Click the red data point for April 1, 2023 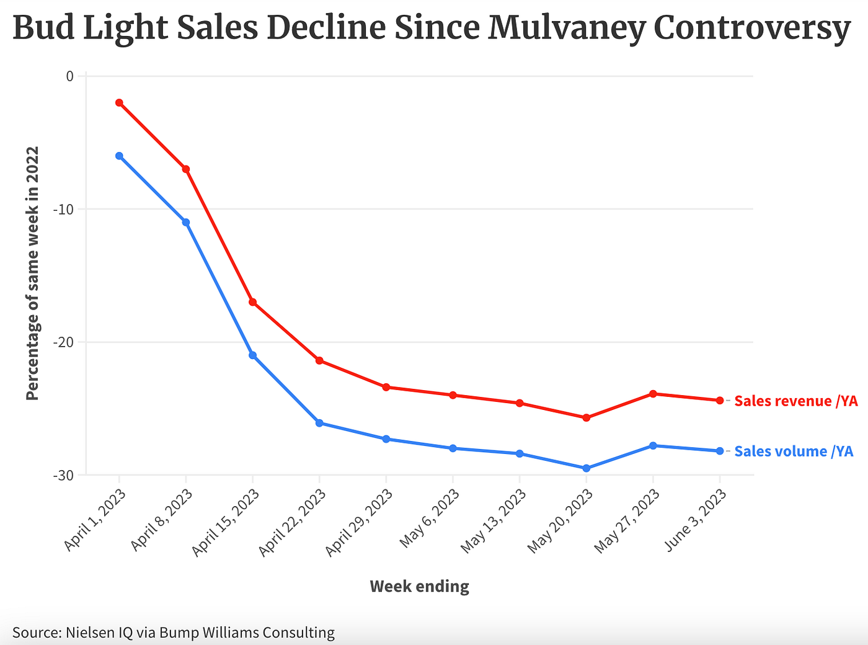tap(119, 102)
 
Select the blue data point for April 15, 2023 tap(252, 355)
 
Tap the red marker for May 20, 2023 tap(586, 418)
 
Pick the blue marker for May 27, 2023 tap(653, 446)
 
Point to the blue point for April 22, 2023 tap(319, 423)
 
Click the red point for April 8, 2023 tap(185, 169)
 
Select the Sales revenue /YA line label tap(795, 401)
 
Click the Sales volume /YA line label tap(794, 451)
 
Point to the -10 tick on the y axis tap(63, 209)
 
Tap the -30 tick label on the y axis tap(63, 475)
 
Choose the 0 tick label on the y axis tap(69, 76)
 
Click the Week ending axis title tap(419, 587)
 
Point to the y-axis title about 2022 tap(33, 273)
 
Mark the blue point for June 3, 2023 tap(719, 451)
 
